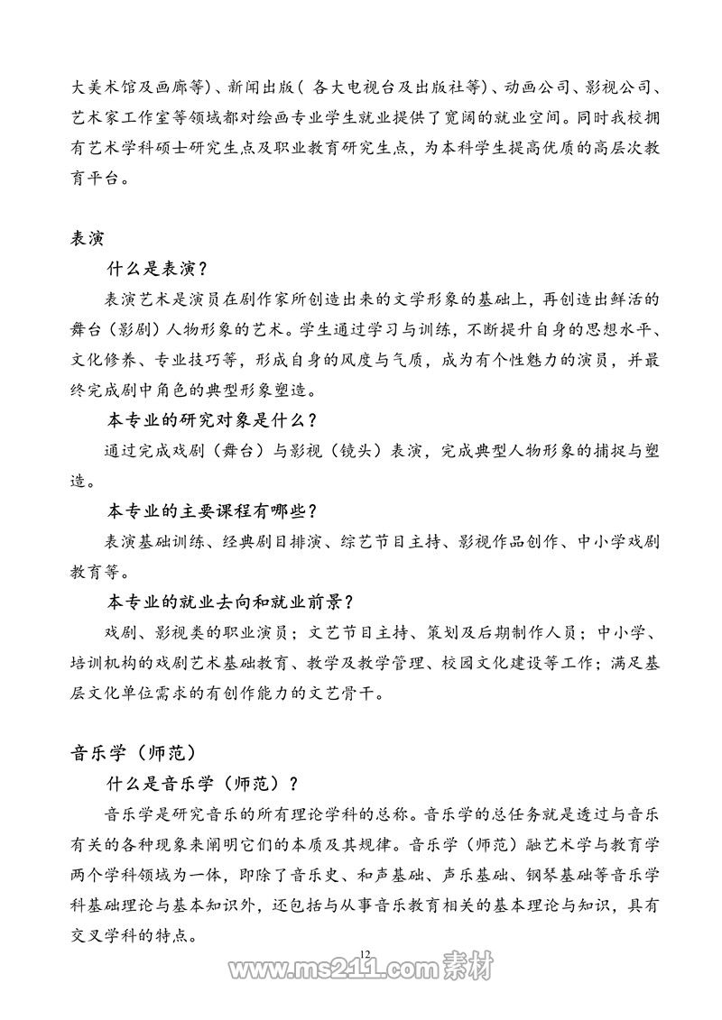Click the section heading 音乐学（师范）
pyautogui.click(x=132, y=750)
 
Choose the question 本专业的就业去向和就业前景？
pyautogui.click(x=229, y=602)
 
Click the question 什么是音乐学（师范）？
pyautogui.click(x=202, y=780)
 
